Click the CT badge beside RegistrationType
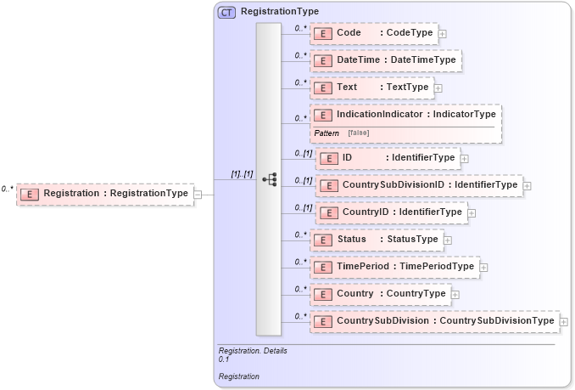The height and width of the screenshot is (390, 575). pyautogui.click(x=226, y=13)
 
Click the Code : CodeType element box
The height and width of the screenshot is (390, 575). pyautogui.click(x=374, y=33)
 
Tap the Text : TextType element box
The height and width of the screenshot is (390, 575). pyautogui.click(x=372, y=88)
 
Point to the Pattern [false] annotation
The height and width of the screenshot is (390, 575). pyautogui.click(x=342, y=133)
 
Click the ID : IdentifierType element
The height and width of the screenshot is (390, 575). pyautogui.click(x=388, y=158)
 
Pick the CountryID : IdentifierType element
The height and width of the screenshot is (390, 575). pyautogui.click(x=390, y=212)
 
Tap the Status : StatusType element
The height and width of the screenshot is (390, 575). pyautogui.click(x=377, y=240)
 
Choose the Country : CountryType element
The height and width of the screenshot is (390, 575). pyautogui.click(x=381, y=294)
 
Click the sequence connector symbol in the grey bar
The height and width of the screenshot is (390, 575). pyautogui.click(x=270, y=179)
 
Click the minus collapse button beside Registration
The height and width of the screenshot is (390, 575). pyautogui.click(x=198, y=194)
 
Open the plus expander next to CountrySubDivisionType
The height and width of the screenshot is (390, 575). pyautogui.click(x=563, y=321)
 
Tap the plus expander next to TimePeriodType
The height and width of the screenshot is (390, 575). pyautogui.click(x=483, y=267)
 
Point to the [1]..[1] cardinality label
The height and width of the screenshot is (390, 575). pyautogui.click(x=242, y=174)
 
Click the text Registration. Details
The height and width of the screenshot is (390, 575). pyautogui.click(x=253, y=351)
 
